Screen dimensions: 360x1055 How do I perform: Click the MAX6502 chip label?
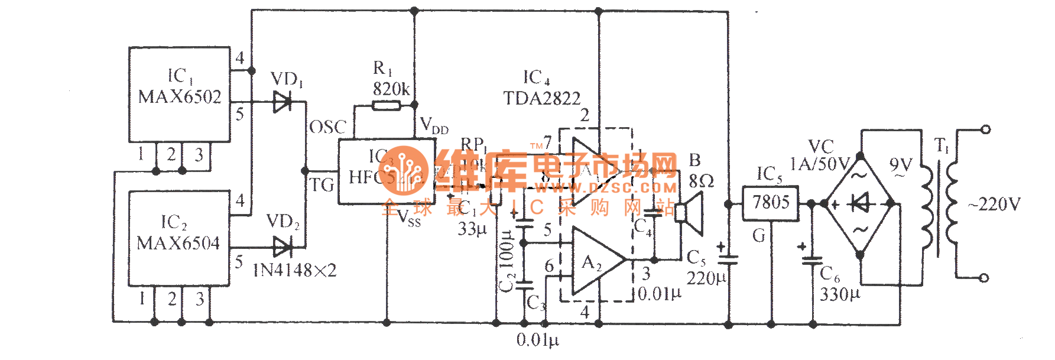[x=180, y=97]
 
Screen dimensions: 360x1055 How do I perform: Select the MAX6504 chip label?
[x=178, y=243]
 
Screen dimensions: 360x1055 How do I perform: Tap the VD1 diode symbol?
[x=282, y=102]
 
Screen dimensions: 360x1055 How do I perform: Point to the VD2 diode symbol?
[x=282, y=247]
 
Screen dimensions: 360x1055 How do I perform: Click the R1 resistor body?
[x=386, y=106]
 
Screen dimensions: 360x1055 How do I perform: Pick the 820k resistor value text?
[x=391, y=89]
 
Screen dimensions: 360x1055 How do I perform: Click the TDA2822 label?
[x=542, y=98]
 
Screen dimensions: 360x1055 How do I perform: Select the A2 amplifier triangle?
[x=594, y=261]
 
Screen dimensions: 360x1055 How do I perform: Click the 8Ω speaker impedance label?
[x=702, y=180]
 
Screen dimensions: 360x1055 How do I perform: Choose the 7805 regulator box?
[x=771, y=203]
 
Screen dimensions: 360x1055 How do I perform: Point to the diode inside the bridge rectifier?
[x=860, y=204]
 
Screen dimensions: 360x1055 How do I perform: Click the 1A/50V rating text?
[x=820, y=164]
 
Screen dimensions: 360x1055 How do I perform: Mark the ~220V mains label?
[x=994, y=205]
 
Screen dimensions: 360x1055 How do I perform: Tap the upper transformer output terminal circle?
[x=985, y=129]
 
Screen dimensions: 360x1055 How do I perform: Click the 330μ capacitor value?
[x=840, y=294]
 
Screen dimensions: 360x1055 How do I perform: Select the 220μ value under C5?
[x=706, y=278]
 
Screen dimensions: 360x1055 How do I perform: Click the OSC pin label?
[x=327, y=127]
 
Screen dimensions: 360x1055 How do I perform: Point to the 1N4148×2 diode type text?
[x=295, y=271]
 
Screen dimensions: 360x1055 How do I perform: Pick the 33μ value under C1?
[x=472, y=228]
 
